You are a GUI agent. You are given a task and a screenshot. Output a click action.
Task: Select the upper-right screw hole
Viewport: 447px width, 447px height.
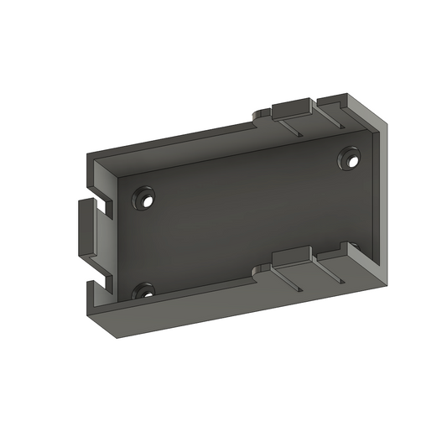coord(350,159)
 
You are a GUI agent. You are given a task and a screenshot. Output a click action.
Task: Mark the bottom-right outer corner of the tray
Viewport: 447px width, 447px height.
coord(387,282)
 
